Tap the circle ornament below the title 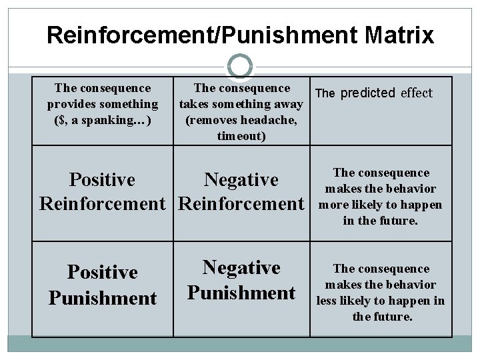[x=240, y=65]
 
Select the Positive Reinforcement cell [x=103, y=191]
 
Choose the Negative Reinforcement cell [x=241, y=191]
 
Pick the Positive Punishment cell [x=103, y=284]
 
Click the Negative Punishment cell [x=241, y=279]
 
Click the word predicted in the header [x=369, y=93]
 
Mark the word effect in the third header [x=417, y=93]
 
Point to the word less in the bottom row [x=326, y=301]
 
